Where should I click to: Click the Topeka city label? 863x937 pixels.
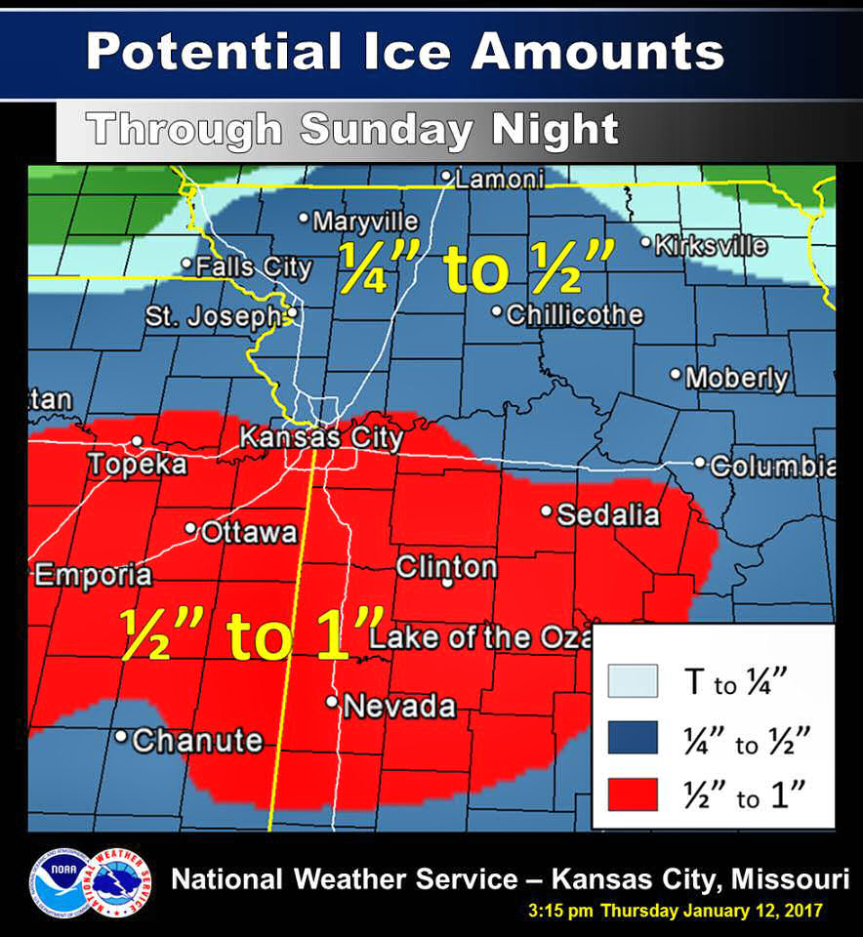[138, 465]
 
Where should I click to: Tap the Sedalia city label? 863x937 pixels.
[608, 514]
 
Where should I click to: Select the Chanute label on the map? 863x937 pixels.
[196, 741]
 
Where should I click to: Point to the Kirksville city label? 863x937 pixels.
[710, 244]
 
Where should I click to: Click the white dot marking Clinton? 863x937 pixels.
[447, 583]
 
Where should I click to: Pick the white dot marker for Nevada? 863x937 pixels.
[332, 702]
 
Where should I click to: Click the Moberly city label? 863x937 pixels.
[736, 378]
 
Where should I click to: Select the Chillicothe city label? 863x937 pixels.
[574, 314]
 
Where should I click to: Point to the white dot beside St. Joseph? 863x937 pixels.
[291, 314]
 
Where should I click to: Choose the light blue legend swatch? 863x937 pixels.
[633, 682]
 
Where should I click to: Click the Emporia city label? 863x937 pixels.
[94, 575]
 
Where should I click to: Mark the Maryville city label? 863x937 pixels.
[364, 222]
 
